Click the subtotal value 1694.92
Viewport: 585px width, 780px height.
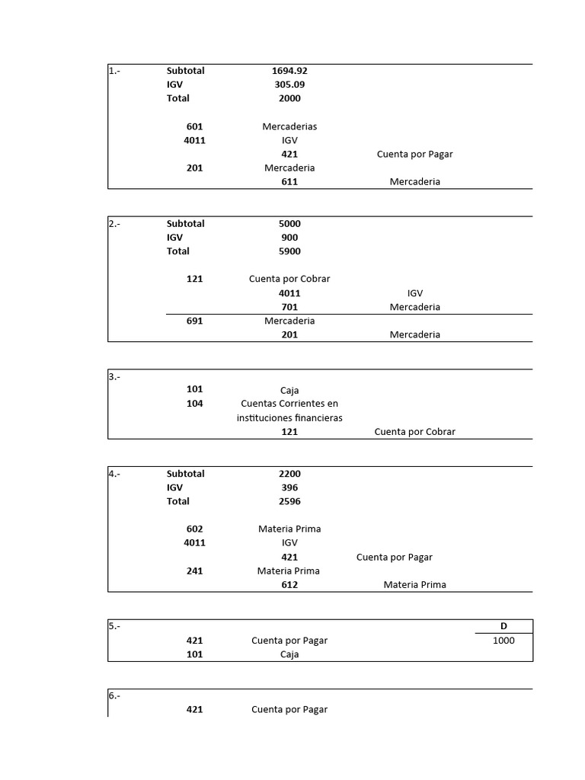tap(289, 71)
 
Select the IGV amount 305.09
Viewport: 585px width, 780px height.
tap(289, 85)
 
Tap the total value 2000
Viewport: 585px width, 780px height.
tap(289, 98)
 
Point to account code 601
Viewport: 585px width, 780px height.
tap(194, 126)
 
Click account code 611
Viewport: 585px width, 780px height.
tap(289, 182)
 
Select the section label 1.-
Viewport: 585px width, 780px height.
tap(114, 71)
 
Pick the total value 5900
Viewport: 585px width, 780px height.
tap(289, 251)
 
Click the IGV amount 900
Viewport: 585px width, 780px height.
tap(289, 238)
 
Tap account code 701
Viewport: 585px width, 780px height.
tap(289, 307)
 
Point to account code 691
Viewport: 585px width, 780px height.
tap(194, 321)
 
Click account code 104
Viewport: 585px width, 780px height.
tap(194, 404)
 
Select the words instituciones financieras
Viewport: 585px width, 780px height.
tap(289, 418)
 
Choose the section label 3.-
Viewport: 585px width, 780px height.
tap(114, 376)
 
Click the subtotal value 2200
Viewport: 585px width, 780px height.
tap(289, 474)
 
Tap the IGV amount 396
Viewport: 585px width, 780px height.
tap(289, 487)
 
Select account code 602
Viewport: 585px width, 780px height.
tap(194, 529)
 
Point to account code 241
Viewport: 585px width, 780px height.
tap(194, 571)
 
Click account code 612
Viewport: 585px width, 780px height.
tap(289, 585)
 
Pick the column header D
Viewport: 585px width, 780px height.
tap(503, 626)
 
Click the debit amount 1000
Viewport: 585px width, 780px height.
tap(503, 641)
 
